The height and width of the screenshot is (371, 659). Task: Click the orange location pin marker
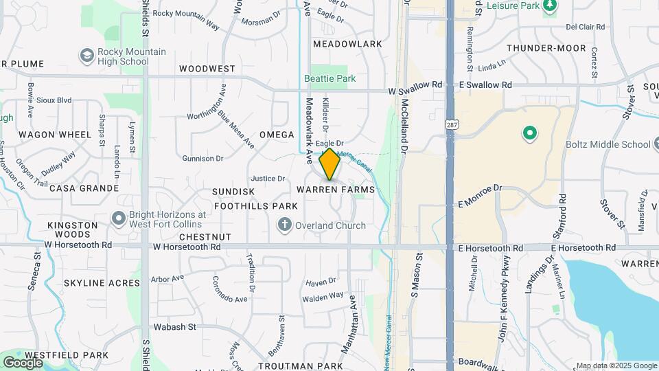tap(329, 164)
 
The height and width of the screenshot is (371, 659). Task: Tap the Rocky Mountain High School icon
tap(86, 55)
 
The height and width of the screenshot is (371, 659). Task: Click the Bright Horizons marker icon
tap(118, 219)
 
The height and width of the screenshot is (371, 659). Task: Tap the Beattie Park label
tap(330, 78)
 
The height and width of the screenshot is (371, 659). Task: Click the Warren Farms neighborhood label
tap(336, 189)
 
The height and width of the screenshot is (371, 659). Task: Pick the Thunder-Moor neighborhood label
tap(546, 48)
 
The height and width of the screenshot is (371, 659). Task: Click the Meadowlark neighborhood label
tap(347, 44)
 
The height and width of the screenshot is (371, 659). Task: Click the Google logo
tap(23, 362)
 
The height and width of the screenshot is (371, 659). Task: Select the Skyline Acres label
tap(93, 283)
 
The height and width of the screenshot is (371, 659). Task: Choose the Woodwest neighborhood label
tap(207, 69)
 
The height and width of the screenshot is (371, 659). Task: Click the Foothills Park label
tap(255, 206)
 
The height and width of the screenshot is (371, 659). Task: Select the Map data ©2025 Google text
tap(616, 366)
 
